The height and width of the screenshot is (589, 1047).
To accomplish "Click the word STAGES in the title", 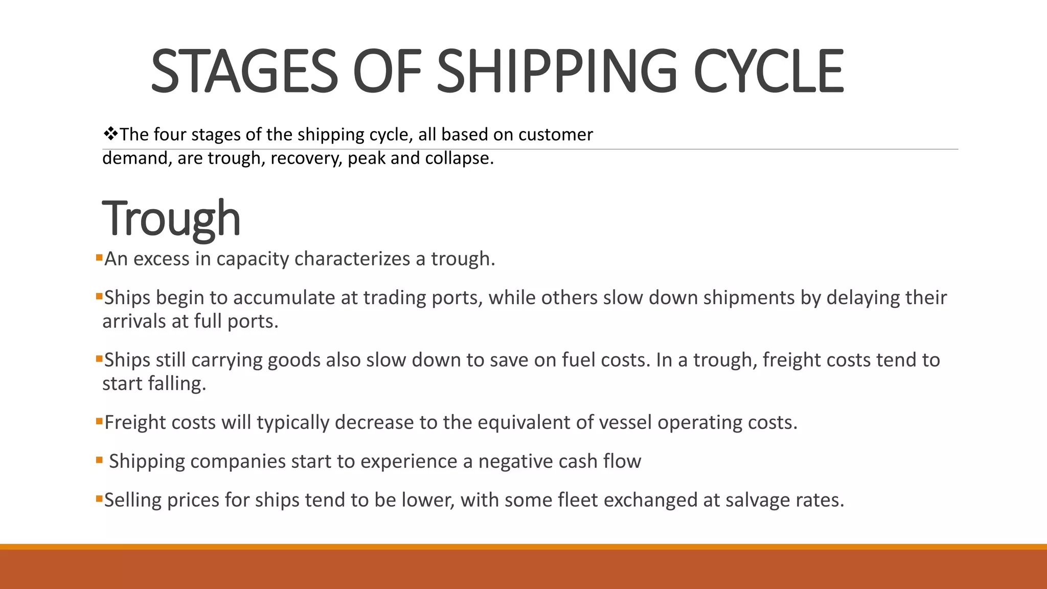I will (x=244, y=71).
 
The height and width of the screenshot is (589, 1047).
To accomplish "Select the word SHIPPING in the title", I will (x=557, y=71).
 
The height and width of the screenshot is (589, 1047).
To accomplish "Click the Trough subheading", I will (x=171, y=219).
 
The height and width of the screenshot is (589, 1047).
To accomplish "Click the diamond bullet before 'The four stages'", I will (x=110, y=134).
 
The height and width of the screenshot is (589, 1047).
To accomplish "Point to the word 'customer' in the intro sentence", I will (x=555, y=134).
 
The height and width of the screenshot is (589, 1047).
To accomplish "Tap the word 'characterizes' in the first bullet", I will (x=352, y=259).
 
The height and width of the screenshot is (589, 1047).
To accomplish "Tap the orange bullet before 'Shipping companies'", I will (x=99, y=460).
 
